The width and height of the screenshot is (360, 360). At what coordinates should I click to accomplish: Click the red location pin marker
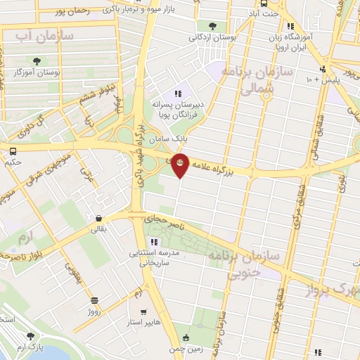point(181,165)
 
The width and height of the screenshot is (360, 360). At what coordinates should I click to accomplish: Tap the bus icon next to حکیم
point(13,150)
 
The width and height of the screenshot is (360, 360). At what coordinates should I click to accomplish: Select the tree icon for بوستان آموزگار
point(37,61)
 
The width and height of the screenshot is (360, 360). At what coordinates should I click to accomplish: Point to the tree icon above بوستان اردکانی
point(212,26)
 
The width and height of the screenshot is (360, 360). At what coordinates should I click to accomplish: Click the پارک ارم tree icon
point(30,336)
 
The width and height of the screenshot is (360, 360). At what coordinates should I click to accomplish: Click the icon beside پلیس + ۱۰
point(323,69)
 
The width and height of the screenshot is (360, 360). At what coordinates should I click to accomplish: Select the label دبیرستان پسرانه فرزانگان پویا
point(178,108)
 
